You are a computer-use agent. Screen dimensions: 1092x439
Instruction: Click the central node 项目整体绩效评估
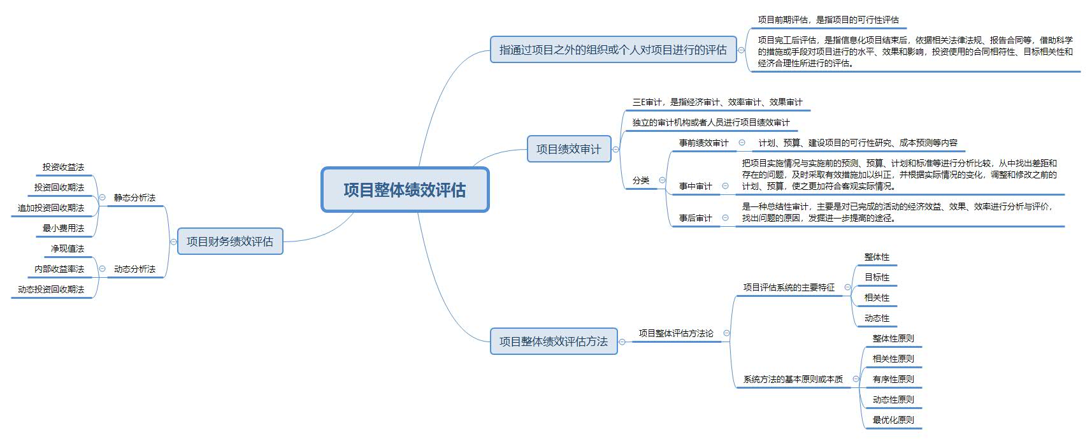pyautogui.click(x=405, y=190)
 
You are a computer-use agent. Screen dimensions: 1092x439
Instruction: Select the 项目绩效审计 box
pyautogui.click(x=569, y=148)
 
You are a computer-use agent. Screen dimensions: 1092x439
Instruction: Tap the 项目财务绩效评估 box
pyautogui.click(x=230, y=241)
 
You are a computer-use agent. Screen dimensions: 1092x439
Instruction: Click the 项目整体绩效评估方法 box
pyautogui.click(x=554, y=341)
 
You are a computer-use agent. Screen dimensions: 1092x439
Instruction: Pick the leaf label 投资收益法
pyautogui.click(x=63, y=168)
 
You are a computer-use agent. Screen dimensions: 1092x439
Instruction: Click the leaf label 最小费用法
pyautogui.click(x=63, y=228)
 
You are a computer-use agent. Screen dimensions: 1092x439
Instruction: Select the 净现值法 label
pyautogui.click(x=68, y=248)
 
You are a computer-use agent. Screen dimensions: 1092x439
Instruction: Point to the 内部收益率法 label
pyautogui.click(x=59, y=270)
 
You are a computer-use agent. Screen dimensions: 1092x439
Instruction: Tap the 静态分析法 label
pyautogui.click(x=134, y=198)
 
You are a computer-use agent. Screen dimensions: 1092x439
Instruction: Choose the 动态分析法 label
pyautogui.click(x=134, y=270)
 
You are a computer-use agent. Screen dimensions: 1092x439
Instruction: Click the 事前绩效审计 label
pyautogui.click(x=704, y=143)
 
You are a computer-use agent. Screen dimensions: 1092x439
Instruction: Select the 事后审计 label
pyautogui.click(x=696, y=218)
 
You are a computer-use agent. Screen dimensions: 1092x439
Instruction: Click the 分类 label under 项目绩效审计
pyautogui.click(x=641, y=180)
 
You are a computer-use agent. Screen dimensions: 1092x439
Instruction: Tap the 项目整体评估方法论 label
pyautogui.click(x=676, y=333)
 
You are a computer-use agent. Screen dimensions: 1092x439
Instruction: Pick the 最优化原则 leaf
pyautogui.click(x=893, y=420)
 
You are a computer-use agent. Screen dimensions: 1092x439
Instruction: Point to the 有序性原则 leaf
pyautogui.click(x=893, y=379)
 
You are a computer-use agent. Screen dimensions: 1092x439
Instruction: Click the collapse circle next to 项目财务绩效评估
pyautogui.click(x=173, y=241)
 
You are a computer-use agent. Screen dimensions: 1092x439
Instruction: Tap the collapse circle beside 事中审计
pyautogui.click(x=726, y=186)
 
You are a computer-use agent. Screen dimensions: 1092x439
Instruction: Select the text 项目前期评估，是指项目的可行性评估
pyautogui.click(x=828, y=20)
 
